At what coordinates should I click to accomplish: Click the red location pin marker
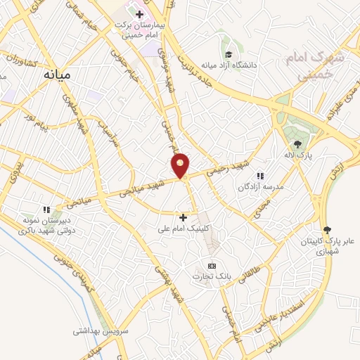click(x=181, y=165)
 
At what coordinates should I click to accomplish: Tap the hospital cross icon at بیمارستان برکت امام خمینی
click(x=140, y=14)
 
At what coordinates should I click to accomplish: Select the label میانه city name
click(x=57, y=73)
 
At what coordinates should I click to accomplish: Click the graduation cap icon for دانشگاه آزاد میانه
click(x=228, y=54)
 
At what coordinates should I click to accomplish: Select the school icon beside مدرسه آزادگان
click(x=259, y=176)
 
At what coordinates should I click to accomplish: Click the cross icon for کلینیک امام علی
click(x=184, y=217)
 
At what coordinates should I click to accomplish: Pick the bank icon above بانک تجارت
click(x=212, y=265)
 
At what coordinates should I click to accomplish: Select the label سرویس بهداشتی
click(x=98, y=329)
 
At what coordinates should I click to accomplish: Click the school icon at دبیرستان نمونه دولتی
click(x=47, y=209)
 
